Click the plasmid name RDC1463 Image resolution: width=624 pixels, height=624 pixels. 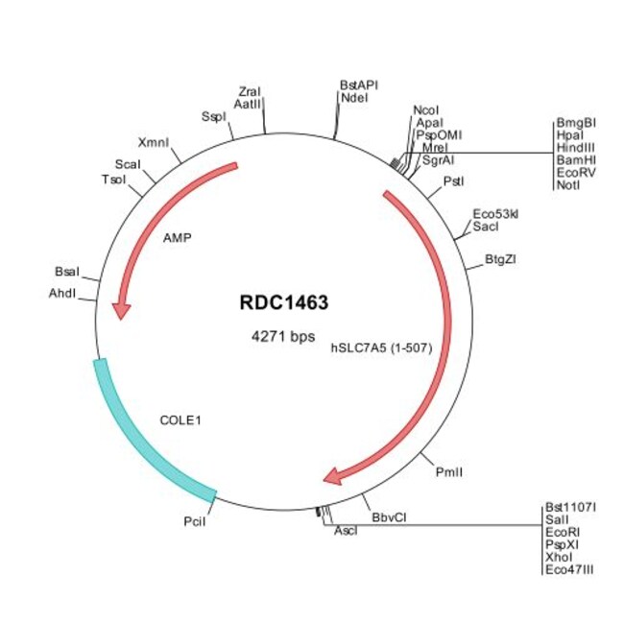(283, 303)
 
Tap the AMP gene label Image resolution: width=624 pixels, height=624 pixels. (177, 236)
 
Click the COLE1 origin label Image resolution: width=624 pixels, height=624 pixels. (180, 420)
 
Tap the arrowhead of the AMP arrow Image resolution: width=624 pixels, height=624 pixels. (121, 310)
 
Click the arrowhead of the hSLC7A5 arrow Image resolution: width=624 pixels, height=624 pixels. (334, 475)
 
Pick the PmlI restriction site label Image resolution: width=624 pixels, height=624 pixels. (447, 471)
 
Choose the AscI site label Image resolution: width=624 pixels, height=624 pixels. (345, 531)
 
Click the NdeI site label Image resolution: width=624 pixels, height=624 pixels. (354, 97)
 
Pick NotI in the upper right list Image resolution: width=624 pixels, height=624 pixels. (566, 185)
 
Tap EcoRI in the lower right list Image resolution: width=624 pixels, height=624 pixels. (563, 531)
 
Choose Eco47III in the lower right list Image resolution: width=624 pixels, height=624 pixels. (569, 568)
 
